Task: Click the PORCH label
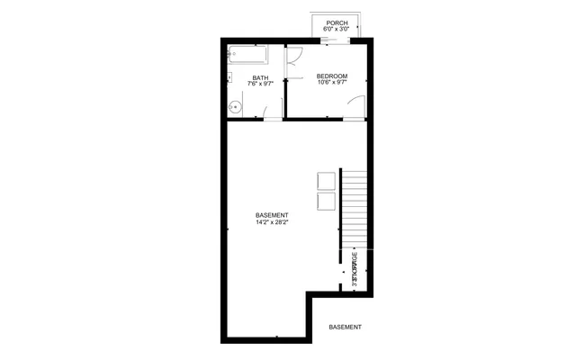pyautogui.click(x=337, y=23)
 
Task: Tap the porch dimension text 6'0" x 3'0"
pyautogui.click(x=337, y=30)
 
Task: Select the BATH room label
pyautogui.click(x=260, y=77)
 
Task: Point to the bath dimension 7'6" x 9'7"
pyautogui.click(x=260, y=84)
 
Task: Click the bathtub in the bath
pyautogui.click(x=254, y=54)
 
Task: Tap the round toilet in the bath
pyautogui.click(x=235, y=107)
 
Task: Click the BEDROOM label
pyautogui.click(x=332, y=76)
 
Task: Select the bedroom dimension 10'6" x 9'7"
pyautogui.click(x=332, y=83)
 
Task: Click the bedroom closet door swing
pyautogui.click(x=295, y=56)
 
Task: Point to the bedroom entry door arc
pyautogui.click(x=356, y=105)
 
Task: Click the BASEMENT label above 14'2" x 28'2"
pyautogui.click(x=272, y=215)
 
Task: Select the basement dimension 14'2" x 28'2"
pyautogui.click(x=272, y=222)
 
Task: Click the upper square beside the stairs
pyautogui.click(x=325, y=181)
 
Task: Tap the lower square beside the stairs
pyautogui.click(x=325, y=201)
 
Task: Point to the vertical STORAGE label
pyautogui.click(x=355, y=268)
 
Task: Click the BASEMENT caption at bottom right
pyautogui.click(x=345, y=327)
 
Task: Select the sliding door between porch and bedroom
pyautogui.click(x=337, y=40)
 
